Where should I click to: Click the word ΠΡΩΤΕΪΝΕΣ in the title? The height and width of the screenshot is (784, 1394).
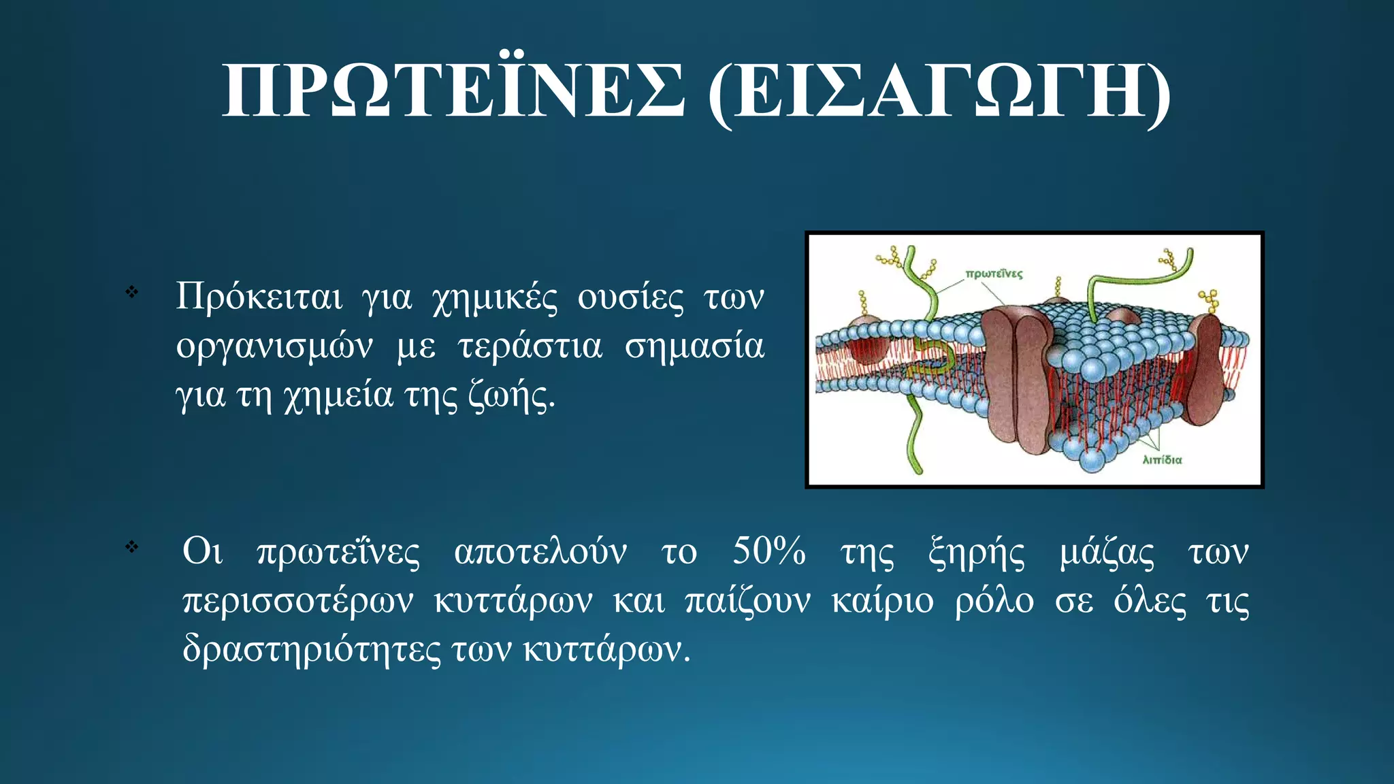click(453, 92)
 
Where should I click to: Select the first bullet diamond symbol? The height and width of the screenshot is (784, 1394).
click(132, 293)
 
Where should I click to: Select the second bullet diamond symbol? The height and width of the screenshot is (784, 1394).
click(132, 546)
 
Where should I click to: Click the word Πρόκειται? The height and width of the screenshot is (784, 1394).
click(259, 297)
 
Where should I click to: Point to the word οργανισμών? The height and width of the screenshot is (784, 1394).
click(274, 346)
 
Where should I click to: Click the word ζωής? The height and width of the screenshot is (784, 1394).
click(510, 396)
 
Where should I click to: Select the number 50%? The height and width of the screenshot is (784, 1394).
click(768, 551)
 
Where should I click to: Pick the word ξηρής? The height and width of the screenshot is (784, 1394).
click(976, 553)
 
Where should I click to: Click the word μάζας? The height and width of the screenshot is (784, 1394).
click(1107, 553)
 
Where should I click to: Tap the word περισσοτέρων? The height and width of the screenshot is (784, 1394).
click(297, 602)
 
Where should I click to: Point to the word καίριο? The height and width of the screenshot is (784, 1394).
click(883, 602)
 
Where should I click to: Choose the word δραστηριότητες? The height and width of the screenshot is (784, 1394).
click(312, 650)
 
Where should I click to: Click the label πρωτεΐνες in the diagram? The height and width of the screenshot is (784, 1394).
click(994, 274)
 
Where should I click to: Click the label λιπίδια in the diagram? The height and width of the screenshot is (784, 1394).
click(1162, 460)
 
